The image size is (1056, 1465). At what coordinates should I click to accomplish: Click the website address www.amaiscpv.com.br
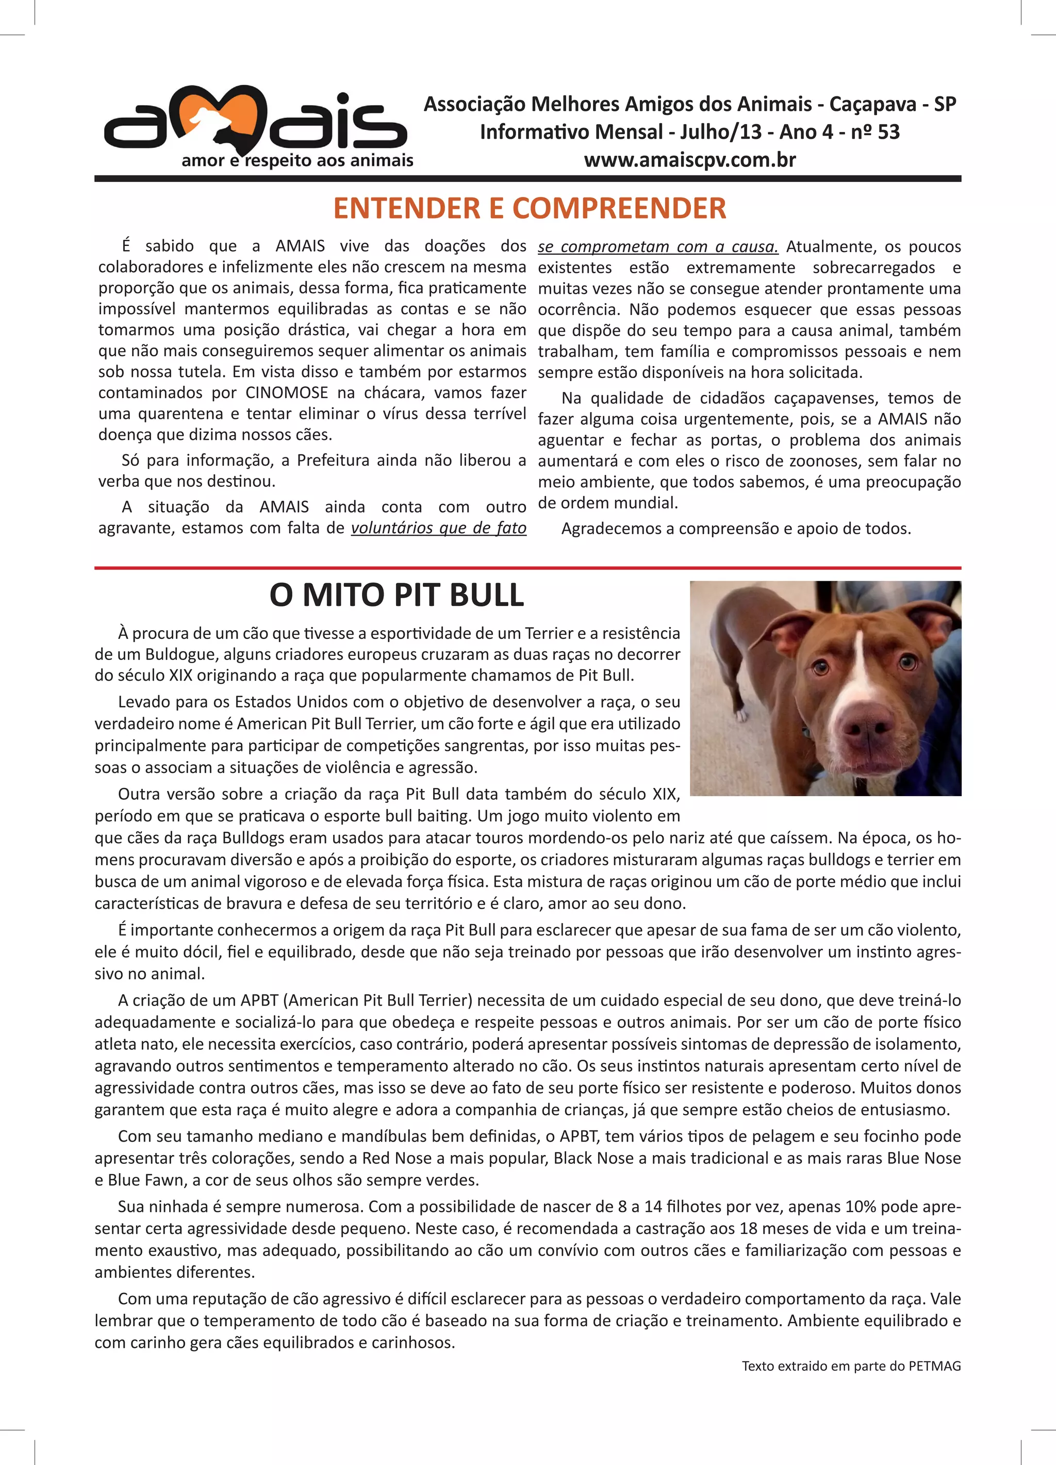(x=690, y=159)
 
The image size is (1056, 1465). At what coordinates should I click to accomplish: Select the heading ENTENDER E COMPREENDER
(x=530, y=208)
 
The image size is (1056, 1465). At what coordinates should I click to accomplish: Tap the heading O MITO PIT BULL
(x=397, y=595)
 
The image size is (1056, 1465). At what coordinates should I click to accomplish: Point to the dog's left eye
(x=907, y=662)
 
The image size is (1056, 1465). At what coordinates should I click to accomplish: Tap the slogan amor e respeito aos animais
(x=297, y=160)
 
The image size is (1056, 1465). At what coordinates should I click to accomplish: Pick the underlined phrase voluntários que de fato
(x=439, y=528)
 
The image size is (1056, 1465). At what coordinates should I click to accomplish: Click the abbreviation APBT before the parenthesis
(x=259, y=1000)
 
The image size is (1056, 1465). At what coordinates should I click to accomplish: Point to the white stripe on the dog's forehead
(x=857, y=652)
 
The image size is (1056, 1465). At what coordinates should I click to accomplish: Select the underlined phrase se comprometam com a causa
(x=657, y=247)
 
